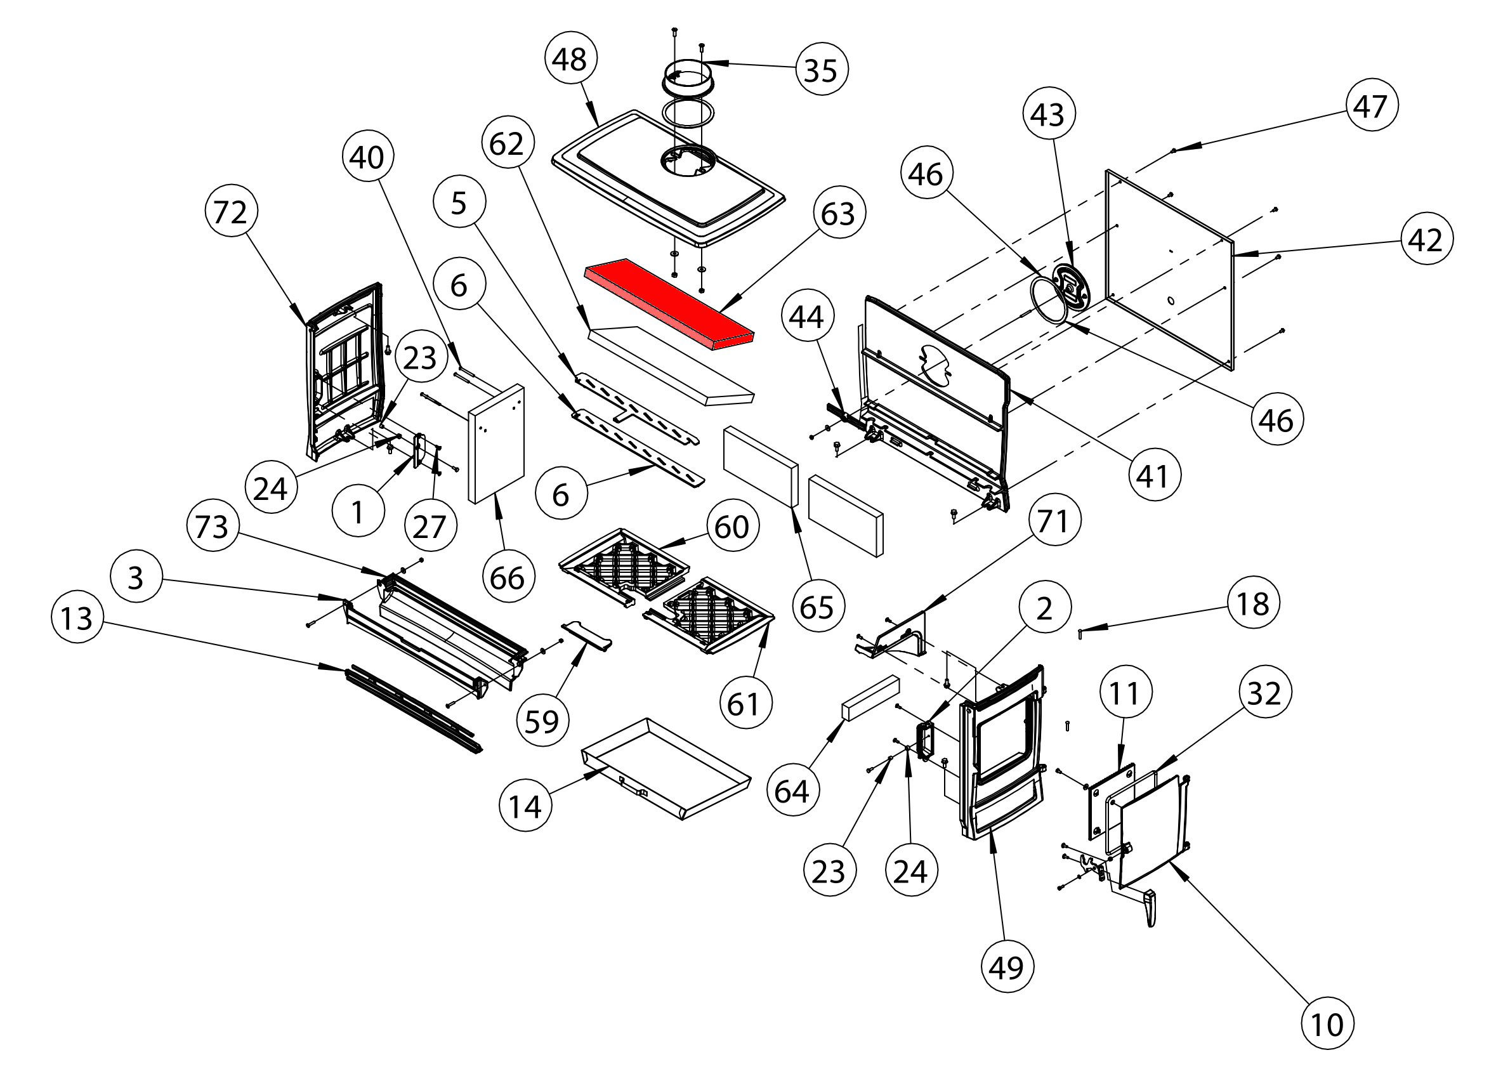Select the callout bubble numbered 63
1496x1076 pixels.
click(838, 213)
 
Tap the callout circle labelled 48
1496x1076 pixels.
click(570, 60)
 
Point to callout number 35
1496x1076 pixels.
click(821, 69)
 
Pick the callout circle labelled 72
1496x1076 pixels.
click(231, 212)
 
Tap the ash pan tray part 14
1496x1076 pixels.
click(666, 768)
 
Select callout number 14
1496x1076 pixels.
click(526, 806)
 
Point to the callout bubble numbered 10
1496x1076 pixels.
click(1327, 1024)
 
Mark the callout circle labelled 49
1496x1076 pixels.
click(1007, 966)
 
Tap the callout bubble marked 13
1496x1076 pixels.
click(77, 618)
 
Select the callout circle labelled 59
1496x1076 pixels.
click(542, 721)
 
